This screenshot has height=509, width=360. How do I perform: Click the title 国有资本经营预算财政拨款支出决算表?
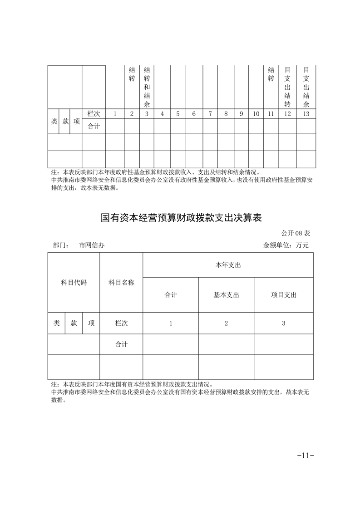coord(182,218)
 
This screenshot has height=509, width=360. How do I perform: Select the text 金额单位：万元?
coord(286,245)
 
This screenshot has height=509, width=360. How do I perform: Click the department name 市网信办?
coord(92,245)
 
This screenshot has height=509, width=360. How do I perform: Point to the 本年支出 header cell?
coord(228,265)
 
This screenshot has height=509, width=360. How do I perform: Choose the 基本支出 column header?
coord(226,295)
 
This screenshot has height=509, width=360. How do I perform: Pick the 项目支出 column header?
coord(283,295)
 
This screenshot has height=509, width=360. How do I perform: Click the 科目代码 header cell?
coord(74,282)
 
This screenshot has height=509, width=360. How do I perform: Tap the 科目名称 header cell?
coord(121,282)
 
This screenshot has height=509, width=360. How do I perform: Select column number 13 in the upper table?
coord(306,114)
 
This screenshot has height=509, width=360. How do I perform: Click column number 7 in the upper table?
coord(210,114)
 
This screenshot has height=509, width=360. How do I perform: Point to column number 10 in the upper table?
coord(256,114)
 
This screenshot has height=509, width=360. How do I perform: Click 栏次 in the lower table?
coord(121,323)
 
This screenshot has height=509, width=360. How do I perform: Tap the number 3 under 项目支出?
coord(283,323)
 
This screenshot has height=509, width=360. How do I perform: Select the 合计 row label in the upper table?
coord(94,126)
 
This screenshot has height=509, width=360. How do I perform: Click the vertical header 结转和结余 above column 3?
coord(147,88)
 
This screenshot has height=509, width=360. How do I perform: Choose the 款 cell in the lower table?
coord(74,323)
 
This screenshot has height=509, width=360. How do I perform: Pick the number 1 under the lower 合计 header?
coord(171,323)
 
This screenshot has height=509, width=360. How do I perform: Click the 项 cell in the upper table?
coord(76,122)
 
